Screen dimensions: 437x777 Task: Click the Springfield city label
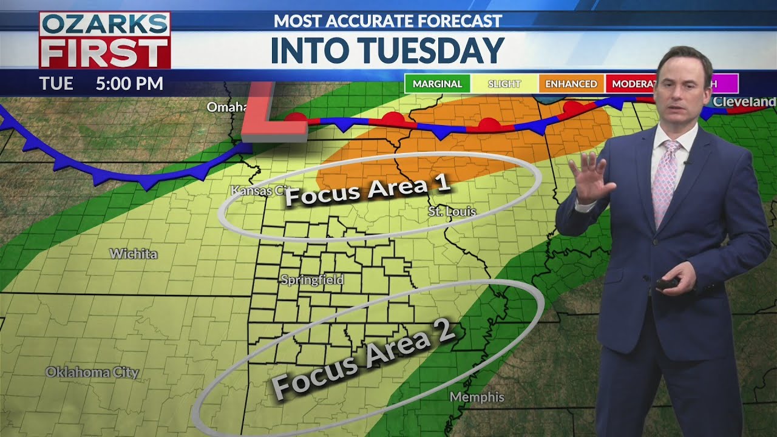[312, 280]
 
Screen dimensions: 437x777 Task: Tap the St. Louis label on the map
[452, 211]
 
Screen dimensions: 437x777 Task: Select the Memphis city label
[477, 397]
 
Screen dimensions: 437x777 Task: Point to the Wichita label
[133, 254]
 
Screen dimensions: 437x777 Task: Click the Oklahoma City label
[92, 372]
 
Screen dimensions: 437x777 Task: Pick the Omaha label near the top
[226, 107]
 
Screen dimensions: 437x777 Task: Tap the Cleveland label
[744, 102]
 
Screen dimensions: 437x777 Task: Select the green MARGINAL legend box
[437, 84]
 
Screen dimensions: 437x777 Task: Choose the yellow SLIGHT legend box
[504, 84]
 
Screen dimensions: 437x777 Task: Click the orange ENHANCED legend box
[571, 84]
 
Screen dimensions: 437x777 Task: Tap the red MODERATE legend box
[631, 84]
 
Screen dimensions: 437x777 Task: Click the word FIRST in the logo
[104, 53]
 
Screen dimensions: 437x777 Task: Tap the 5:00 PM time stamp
[129, 83]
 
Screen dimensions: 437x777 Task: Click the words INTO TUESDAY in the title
[387, 50]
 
